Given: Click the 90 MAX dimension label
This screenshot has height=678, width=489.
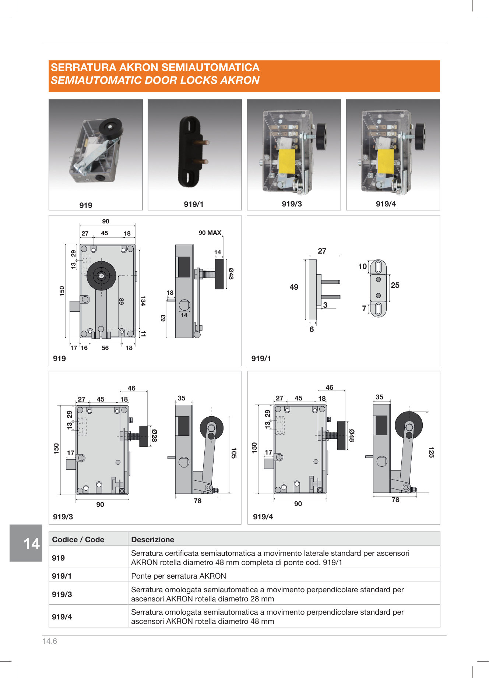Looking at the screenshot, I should pos(210,233).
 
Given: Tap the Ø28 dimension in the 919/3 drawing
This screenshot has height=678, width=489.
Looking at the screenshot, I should pos(154,435).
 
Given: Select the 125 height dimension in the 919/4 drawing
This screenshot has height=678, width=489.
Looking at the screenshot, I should pos(432,452).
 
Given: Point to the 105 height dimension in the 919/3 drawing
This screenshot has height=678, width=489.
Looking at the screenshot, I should pos(233,453).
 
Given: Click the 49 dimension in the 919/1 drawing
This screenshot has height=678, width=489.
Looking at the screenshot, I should pos(294,287).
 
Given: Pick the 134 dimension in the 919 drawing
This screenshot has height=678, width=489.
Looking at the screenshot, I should pos(143,301).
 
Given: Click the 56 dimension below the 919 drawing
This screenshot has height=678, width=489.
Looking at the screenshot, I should pos(105,348).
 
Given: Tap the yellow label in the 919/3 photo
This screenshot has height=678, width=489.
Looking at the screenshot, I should pos(287,161).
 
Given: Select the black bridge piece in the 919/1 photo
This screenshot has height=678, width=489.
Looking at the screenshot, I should pos(190,152).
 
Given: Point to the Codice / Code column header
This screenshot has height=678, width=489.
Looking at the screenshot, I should pos(78,539).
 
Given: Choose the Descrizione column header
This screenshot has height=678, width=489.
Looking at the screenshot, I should pos(152,539).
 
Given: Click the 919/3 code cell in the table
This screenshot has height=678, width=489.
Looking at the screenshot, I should pos(62,594).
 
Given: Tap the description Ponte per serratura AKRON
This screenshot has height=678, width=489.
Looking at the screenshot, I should pos(179,576).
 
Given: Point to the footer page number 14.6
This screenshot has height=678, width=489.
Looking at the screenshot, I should pos(50,641).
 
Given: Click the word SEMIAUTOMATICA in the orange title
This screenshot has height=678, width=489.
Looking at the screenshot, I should pos(210,67).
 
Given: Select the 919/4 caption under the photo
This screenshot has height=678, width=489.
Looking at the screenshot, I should pos(386,204).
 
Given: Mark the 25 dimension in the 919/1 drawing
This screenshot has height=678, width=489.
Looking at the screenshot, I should pos(395,285).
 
